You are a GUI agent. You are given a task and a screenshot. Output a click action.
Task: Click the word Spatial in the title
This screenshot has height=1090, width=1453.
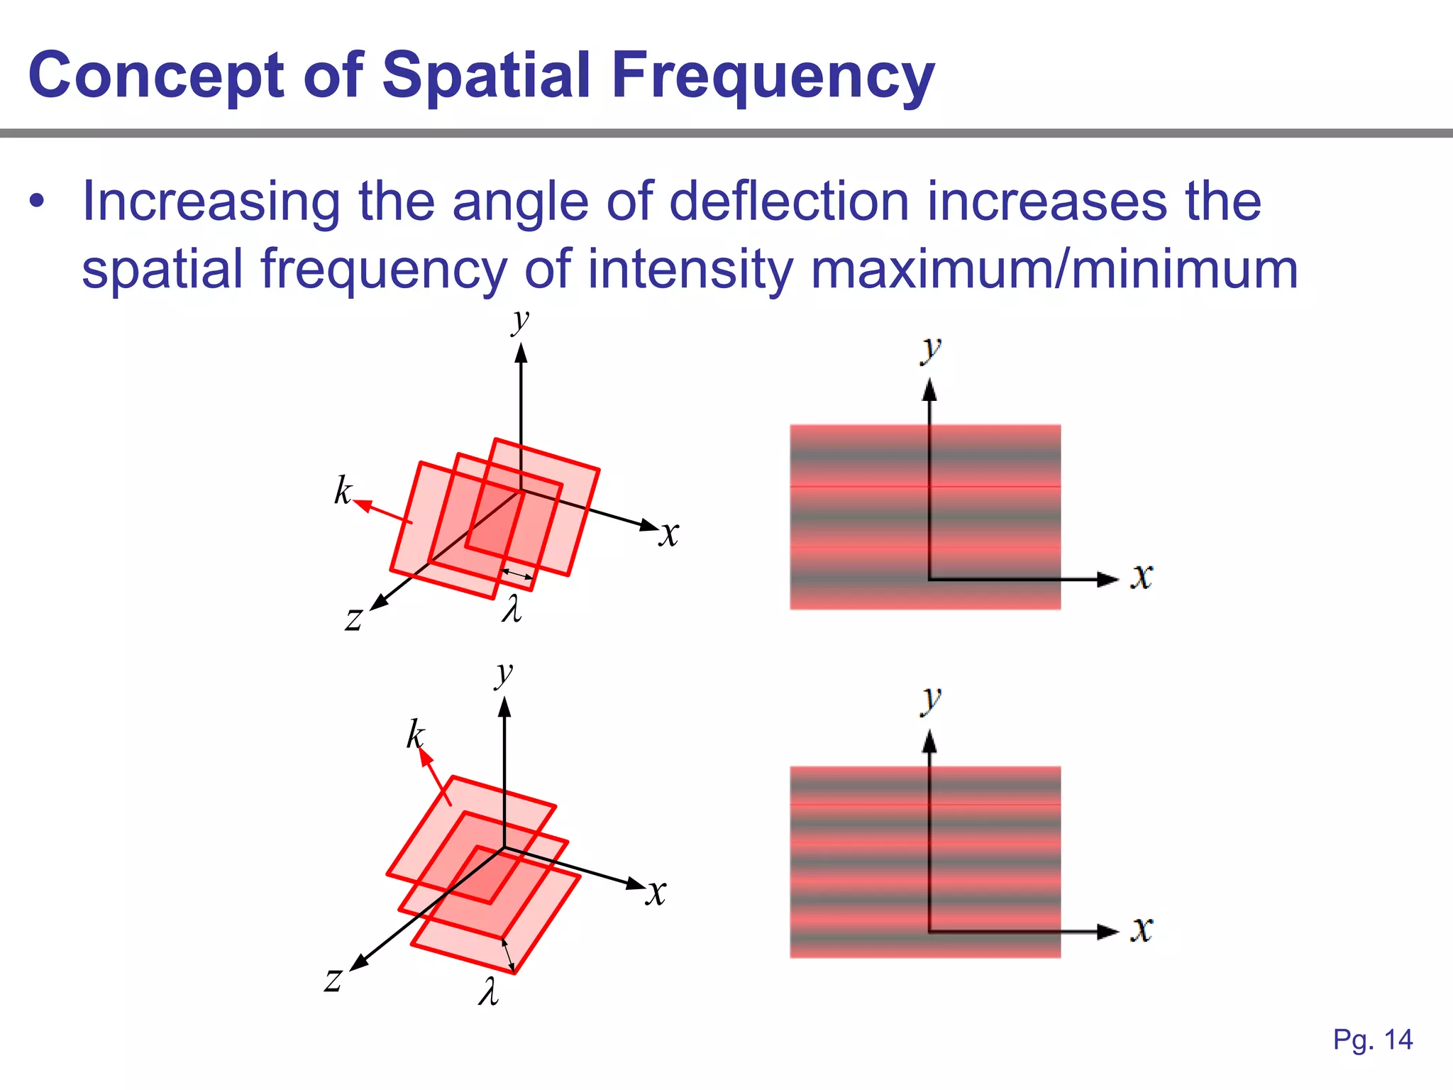tap(486, 75)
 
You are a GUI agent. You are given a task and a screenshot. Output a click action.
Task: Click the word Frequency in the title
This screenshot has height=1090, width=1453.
tap(773, 77)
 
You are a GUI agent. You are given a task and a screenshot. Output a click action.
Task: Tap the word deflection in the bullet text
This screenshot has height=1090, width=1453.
tap(788, 202)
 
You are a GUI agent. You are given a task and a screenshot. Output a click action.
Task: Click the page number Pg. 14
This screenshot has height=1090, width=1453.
tap(1373, 1040)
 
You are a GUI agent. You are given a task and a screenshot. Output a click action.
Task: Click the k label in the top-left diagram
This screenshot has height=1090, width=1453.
tap(343, 490)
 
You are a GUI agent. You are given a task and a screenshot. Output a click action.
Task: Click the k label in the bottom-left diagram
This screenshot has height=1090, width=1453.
tap(415, 734)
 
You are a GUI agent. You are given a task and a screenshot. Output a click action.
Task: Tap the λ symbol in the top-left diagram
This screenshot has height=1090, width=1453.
tap(512, 609)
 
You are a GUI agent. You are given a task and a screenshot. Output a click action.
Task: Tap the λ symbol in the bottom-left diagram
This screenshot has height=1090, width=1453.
tap(488, 991)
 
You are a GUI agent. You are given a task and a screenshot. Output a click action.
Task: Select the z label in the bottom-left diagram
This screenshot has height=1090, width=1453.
tap(333, 980)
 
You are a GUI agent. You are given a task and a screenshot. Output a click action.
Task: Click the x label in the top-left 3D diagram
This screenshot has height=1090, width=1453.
tap(668, 534)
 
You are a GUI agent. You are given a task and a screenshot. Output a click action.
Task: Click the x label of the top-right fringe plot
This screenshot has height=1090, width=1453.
tap(1142, 576)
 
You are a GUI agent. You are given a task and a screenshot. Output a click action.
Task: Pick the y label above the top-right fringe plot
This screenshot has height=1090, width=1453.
tap(930, 349)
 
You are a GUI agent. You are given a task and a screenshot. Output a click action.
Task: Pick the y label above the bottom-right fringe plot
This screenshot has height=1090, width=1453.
tap(930, 700)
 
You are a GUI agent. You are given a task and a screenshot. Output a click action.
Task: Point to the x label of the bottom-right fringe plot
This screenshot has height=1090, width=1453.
tap(1142, 929)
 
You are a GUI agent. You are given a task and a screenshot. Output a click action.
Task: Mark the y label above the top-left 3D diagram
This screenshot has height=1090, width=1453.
tap(520, 321)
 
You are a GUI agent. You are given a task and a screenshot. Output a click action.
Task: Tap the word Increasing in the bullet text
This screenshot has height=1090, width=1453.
tap(211, 202)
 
